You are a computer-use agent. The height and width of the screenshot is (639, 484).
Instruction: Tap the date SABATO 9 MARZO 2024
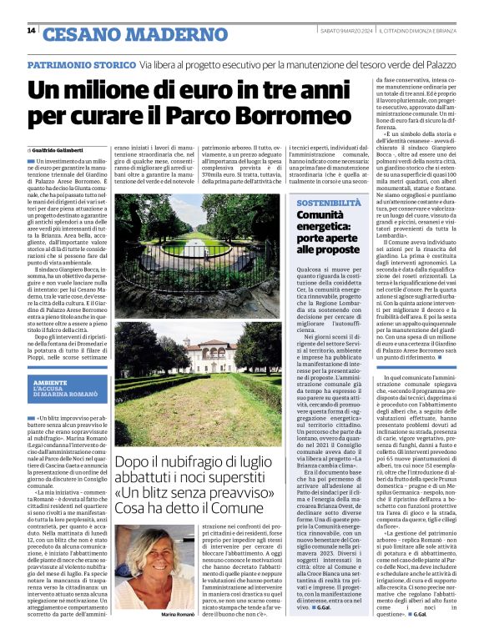click(x=345, y=31)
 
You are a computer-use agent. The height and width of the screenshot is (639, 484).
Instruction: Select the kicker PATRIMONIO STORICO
click(x=79, y=64)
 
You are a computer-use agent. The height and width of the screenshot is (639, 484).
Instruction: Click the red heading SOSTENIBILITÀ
click(x=329, y=203)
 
